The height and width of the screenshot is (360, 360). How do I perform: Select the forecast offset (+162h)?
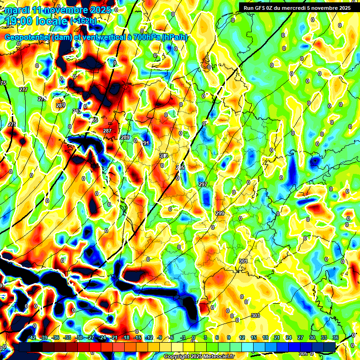(x=84, y=21)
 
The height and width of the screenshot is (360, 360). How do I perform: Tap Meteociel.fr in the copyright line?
(x=217, y=357)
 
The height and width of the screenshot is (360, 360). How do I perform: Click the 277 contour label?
(x=23, y=89)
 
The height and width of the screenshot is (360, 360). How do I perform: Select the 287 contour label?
(x=107, y=131)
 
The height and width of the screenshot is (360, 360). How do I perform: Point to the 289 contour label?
(x=125, y=137)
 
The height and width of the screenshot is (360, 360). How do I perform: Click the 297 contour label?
(x=202, y=184)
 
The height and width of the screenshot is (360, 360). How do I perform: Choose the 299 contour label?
(x=219, y=213)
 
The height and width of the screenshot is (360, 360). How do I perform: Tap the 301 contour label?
(x=243, y=261)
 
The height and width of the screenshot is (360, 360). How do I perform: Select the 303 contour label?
(x=255, y=315)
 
